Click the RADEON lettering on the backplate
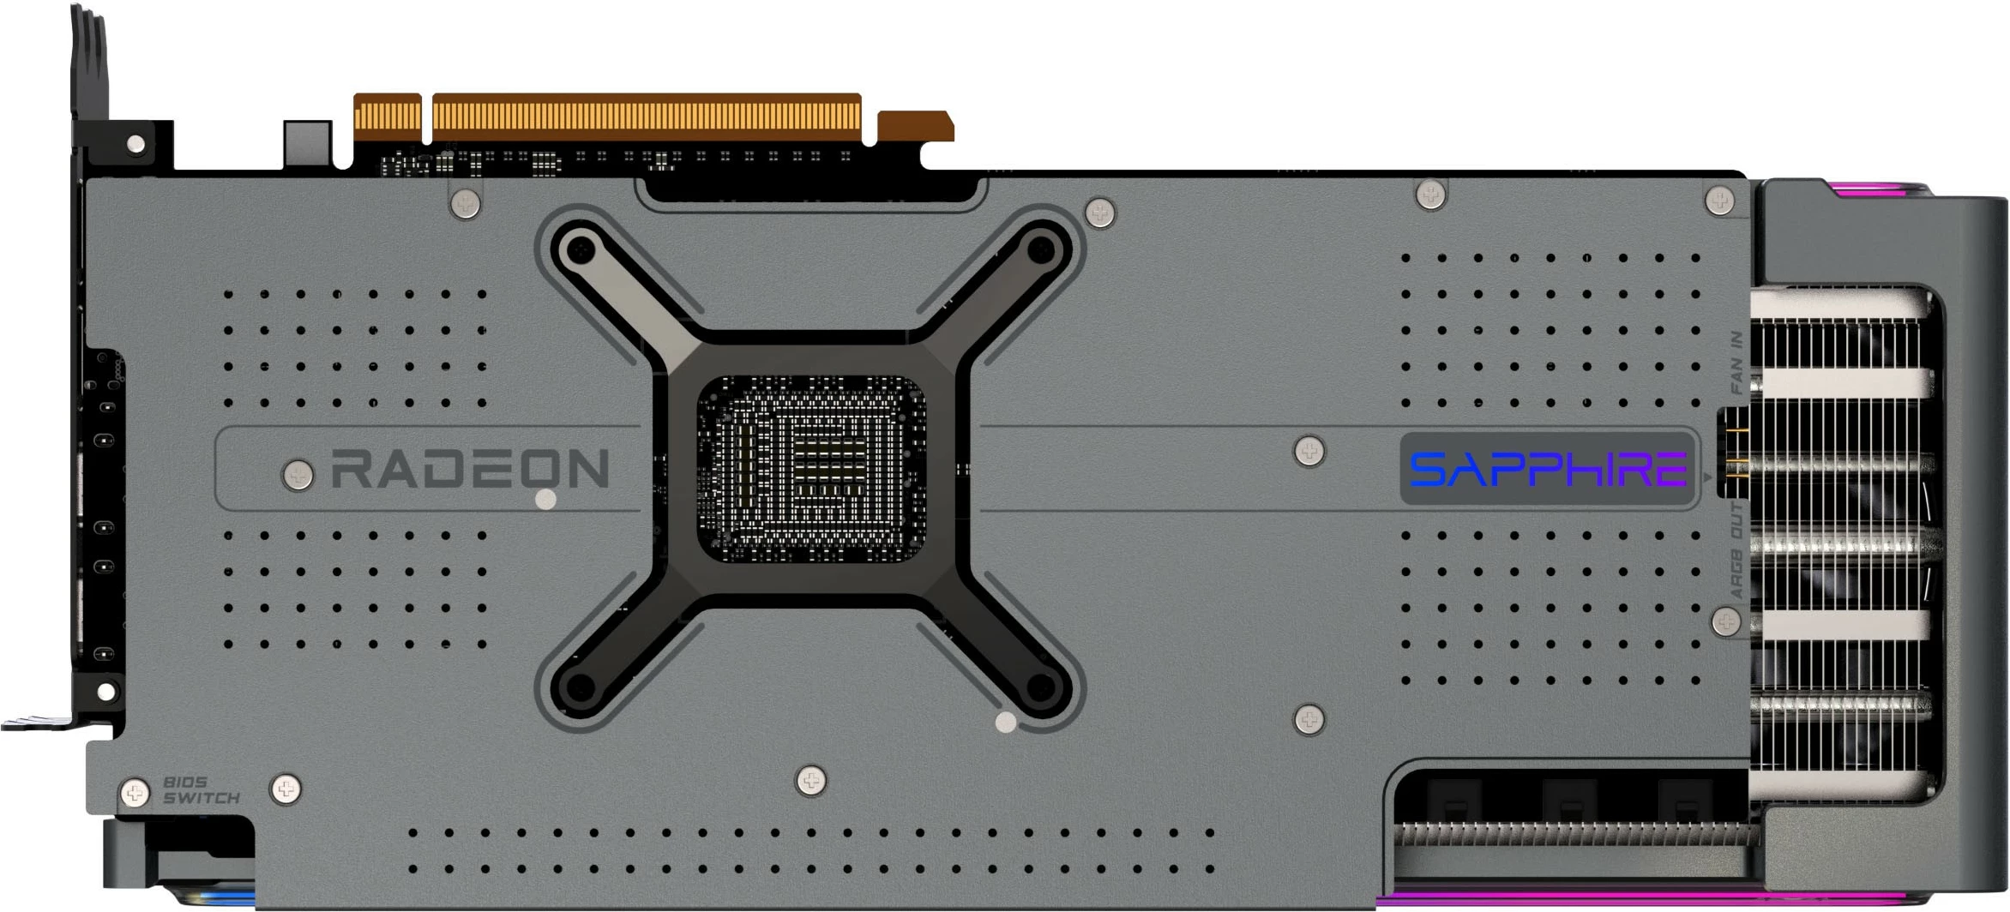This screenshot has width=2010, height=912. click(x=470, y=469)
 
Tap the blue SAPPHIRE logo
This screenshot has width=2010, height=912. click(x=1548, y=470)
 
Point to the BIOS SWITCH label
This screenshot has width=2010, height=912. click(x=201, y=790)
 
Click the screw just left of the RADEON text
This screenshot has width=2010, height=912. click(x=298, y=474)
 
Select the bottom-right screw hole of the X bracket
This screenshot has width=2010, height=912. click(x=1040, y=686)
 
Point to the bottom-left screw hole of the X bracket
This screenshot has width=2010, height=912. click(x=582, y=686)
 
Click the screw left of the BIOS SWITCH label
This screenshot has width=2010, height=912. click(x=135, y=793)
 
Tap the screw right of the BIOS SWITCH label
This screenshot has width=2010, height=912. click(x=286, y=789)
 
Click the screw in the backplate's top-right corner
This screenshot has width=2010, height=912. click(x=1718, y=201)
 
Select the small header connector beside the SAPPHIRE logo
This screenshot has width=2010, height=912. click(x=1736, y=452)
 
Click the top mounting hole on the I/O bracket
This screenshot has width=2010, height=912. click(x=135, y=143)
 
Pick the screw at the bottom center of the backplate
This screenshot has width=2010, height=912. click(x=811, y=780)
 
